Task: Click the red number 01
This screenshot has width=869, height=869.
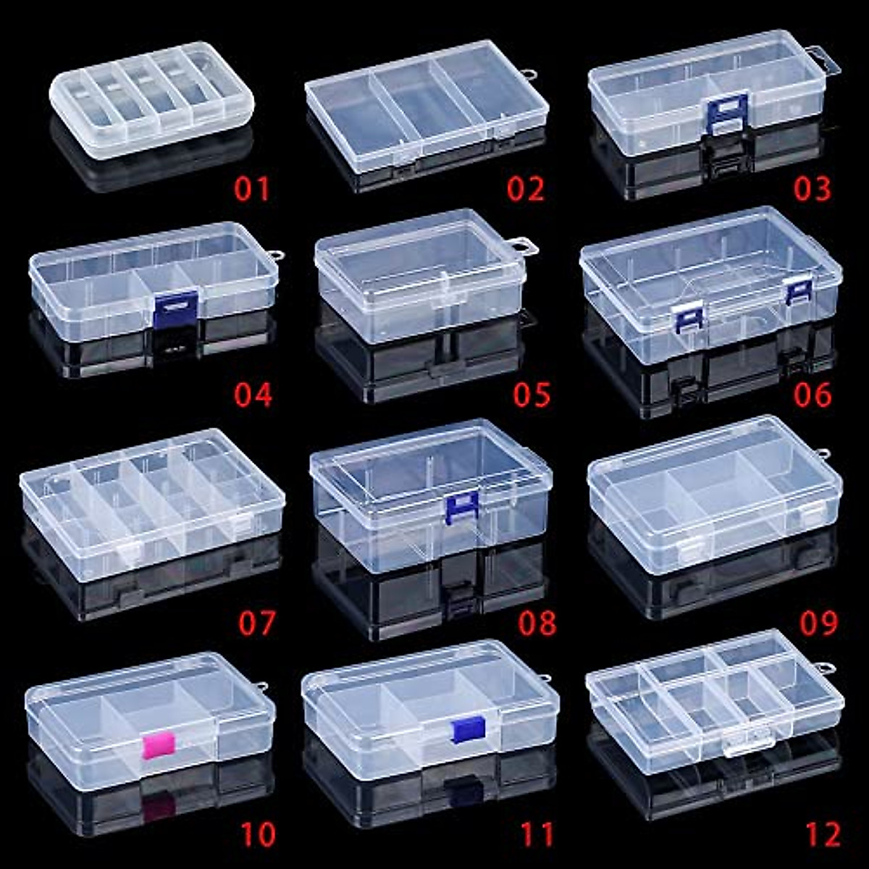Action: pos(252,189)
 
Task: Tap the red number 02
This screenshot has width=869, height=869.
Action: pos(525,189)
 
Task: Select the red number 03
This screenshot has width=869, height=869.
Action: pos(812,189)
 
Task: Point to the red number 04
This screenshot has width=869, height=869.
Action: pos(253,395)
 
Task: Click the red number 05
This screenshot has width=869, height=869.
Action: pos(532,395)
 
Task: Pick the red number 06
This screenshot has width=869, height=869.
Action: pos(813,395)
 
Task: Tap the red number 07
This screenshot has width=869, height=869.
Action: pos(257,623)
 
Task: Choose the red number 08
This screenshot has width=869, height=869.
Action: pos(537,623)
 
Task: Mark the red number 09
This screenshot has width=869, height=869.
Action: pos(818,623)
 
